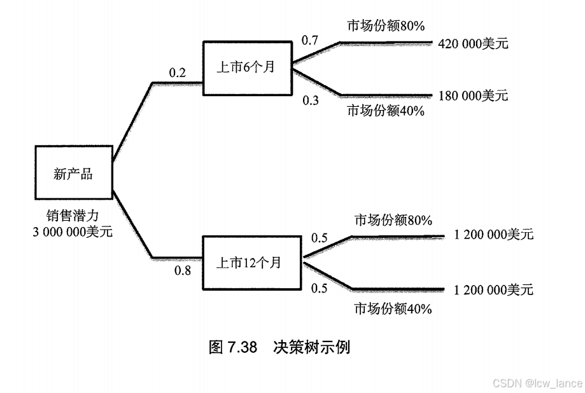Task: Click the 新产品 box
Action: [73, 173]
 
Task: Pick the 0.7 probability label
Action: [310, 41]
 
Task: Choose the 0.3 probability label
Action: [311, 100]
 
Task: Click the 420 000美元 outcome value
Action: [473, 44]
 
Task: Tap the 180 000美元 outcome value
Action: [473, 96]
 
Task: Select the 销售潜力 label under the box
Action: [73, 216]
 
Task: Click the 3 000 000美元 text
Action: [73, 232]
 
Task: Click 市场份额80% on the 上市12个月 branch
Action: [393, 221]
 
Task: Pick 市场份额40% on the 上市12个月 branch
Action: [393, 309]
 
